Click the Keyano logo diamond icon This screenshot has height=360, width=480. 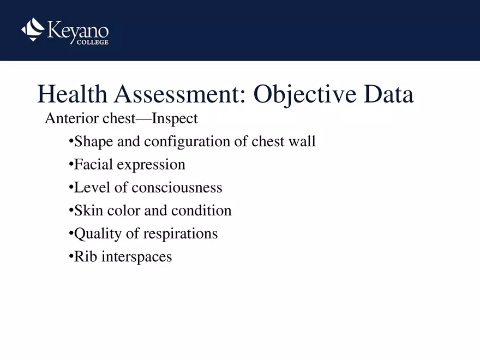coord(33,29)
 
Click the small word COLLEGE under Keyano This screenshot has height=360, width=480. coord(92,42)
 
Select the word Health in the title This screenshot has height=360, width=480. coord(72,94)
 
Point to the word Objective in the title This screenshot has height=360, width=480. coord(305,95)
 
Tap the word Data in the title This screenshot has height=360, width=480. coord(389,94)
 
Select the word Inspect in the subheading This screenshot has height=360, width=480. coord(175,119)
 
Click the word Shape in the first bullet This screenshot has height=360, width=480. coord(93,142)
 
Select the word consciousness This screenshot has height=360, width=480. coord(177,187)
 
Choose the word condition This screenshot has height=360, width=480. coord(201,211)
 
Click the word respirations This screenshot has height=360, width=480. coord(181,234)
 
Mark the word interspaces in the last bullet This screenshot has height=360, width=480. coord(136,257)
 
